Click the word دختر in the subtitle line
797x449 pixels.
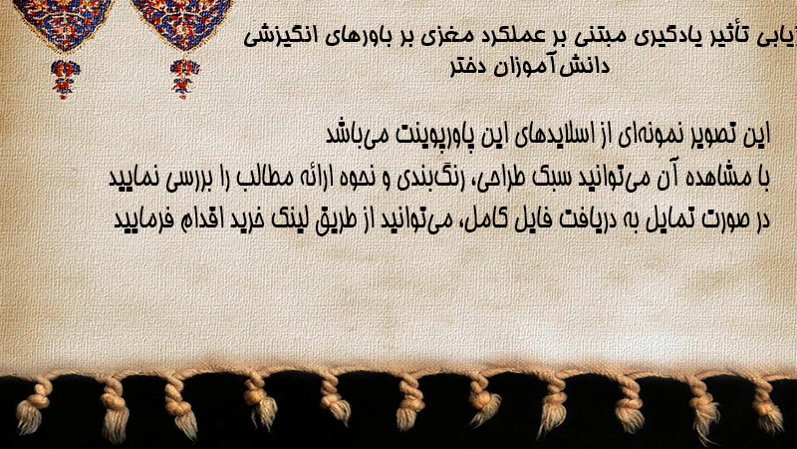point(470,67)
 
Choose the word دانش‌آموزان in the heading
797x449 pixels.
point(553,66)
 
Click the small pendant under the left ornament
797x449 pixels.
point(65,79)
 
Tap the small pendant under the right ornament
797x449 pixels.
point(184,79)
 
